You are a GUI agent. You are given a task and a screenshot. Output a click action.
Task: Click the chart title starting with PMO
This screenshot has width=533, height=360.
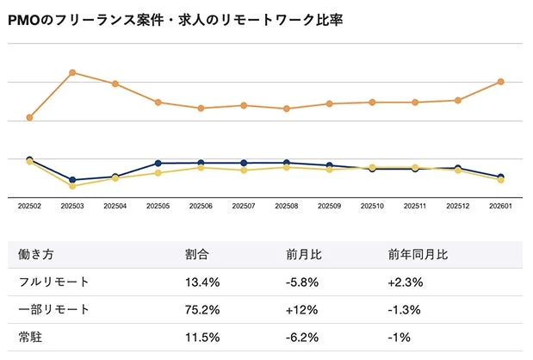click(x=175, y=20)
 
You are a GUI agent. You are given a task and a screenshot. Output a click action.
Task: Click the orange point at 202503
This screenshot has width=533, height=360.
click(x=72, y=72)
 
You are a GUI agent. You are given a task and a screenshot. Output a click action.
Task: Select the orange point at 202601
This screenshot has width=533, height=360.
click(x=500, y=82)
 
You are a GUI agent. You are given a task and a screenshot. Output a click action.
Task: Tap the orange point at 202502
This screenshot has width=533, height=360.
click(x=29, y=117)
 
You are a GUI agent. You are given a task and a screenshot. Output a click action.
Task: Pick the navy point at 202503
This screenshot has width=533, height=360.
click(x=72, y=180)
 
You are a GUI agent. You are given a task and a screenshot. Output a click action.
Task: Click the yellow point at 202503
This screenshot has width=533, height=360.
click(x=72, y=186)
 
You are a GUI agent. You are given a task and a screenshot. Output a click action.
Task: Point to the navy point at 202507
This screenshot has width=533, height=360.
click(x=244, y=163)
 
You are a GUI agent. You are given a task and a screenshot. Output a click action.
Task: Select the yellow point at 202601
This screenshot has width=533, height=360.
click(x=500, y=180)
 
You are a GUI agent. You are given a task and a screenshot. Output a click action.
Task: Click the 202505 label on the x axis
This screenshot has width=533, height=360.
click(x=158, y=207)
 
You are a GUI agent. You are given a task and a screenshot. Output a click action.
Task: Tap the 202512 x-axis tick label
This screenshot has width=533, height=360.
click(x=457, y=207)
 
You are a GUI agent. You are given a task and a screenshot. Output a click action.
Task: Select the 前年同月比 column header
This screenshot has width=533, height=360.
click(x=418, y=256)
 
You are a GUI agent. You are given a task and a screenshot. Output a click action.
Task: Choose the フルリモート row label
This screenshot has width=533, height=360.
click(x=54, y=282)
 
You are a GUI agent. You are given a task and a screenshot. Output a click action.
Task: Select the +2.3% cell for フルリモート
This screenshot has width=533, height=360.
click(x=404, y=282)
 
